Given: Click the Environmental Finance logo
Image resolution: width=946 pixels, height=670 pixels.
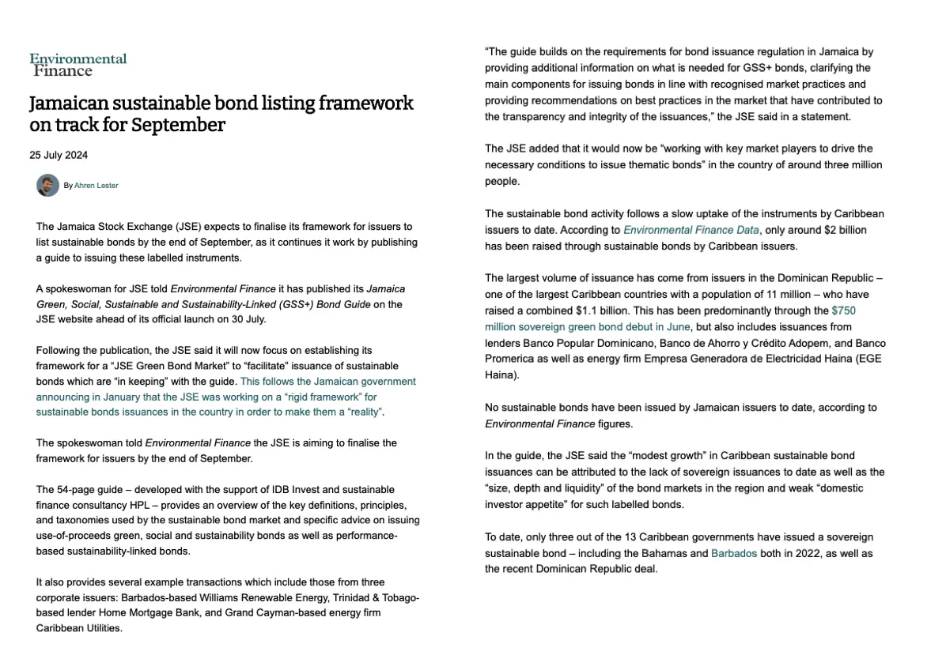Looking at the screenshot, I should [x=78, y=64].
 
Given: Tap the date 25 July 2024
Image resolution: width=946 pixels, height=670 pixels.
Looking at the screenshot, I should [x=59, y=156].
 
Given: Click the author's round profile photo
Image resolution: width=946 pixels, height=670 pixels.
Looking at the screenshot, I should [x=47, y=185].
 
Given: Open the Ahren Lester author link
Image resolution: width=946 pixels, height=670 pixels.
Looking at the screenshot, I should [x=96, y=186].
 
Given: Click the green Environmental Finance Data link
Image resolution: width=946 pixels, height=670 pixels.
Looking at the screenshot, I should [x=691, y=230].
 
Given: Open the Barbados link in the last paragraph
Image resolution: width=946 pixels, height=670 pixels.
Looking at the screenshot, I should [x=733, y=553].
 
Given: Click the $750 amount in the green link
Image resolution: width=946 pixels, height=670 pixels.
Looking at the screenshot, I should [x=843, y=311].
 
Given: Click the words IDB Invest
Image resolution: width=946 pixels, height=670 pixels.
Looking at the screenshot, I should [x=284, y=489].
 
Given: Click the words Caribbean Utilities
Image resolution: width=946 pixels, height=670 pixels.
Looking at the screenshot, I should [x=79, y=629].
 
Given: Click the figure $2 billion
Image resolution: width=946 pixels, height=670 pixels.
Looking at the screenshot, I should [x=831, y=230].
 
